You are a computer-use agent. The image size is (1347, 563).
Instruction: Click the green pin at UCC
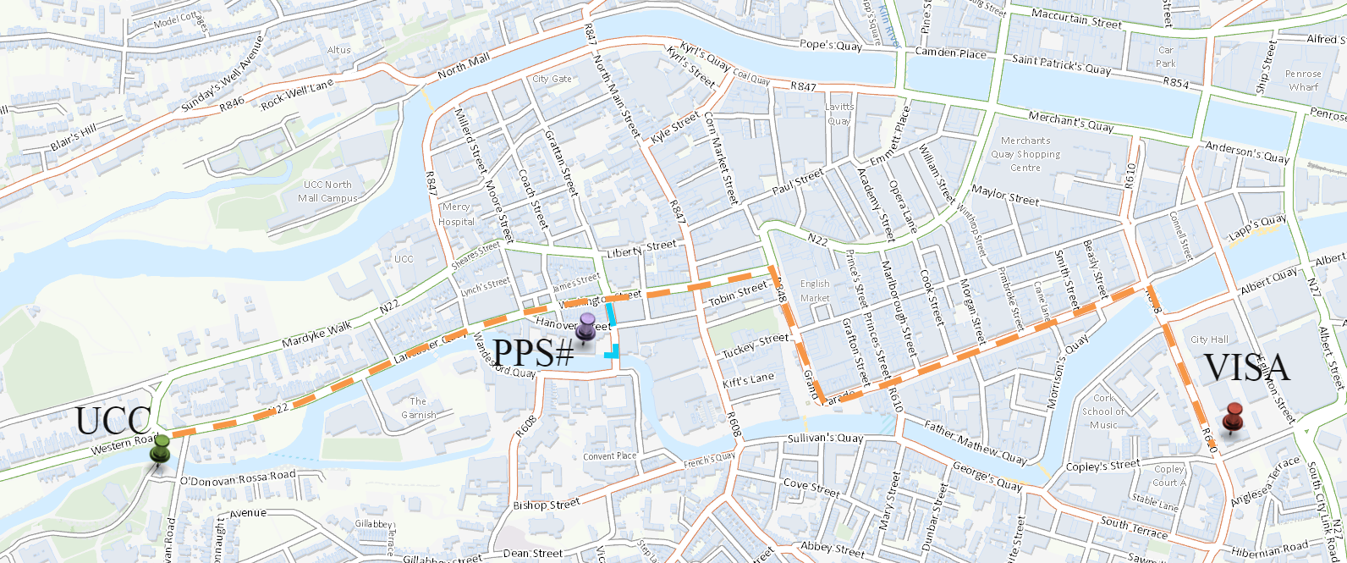coord(160,448)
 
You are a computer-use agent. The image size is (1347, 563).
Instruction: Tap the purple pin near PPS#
coord(586,326)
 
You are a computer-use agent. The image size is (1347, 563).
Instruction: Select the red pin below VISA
coord(1233,417)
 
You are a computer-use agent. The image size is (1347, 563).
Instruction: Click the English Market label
coord(815,291)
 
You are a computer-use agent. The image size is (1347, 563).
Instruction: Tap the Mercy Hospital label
coord(456,214)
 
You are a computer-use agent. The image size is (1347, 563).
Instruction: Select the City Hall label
coord(1209,339)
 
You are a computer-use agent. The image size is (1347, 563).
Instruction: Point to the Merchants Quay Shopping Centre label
coord(1025,154)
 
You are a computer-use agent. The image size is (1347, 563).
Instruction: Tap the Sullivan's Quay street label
coord(825,439)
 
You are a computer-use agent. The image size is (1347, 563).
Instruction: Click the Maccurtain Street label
coord(1076,19)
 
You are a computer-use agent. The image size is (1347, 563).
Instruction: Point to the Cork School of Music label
coord(1103,411)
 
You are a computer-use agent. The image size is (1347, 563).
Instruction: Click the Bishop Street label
coord(547,505)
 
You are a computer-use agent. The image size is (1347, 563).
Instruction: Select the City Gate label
coord(552,79)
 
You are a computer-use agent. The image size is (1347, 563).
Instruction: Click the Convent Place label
coord(609,456)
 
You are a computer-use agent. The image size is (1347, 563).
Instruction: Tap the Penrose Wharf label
coord(1303,80)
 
